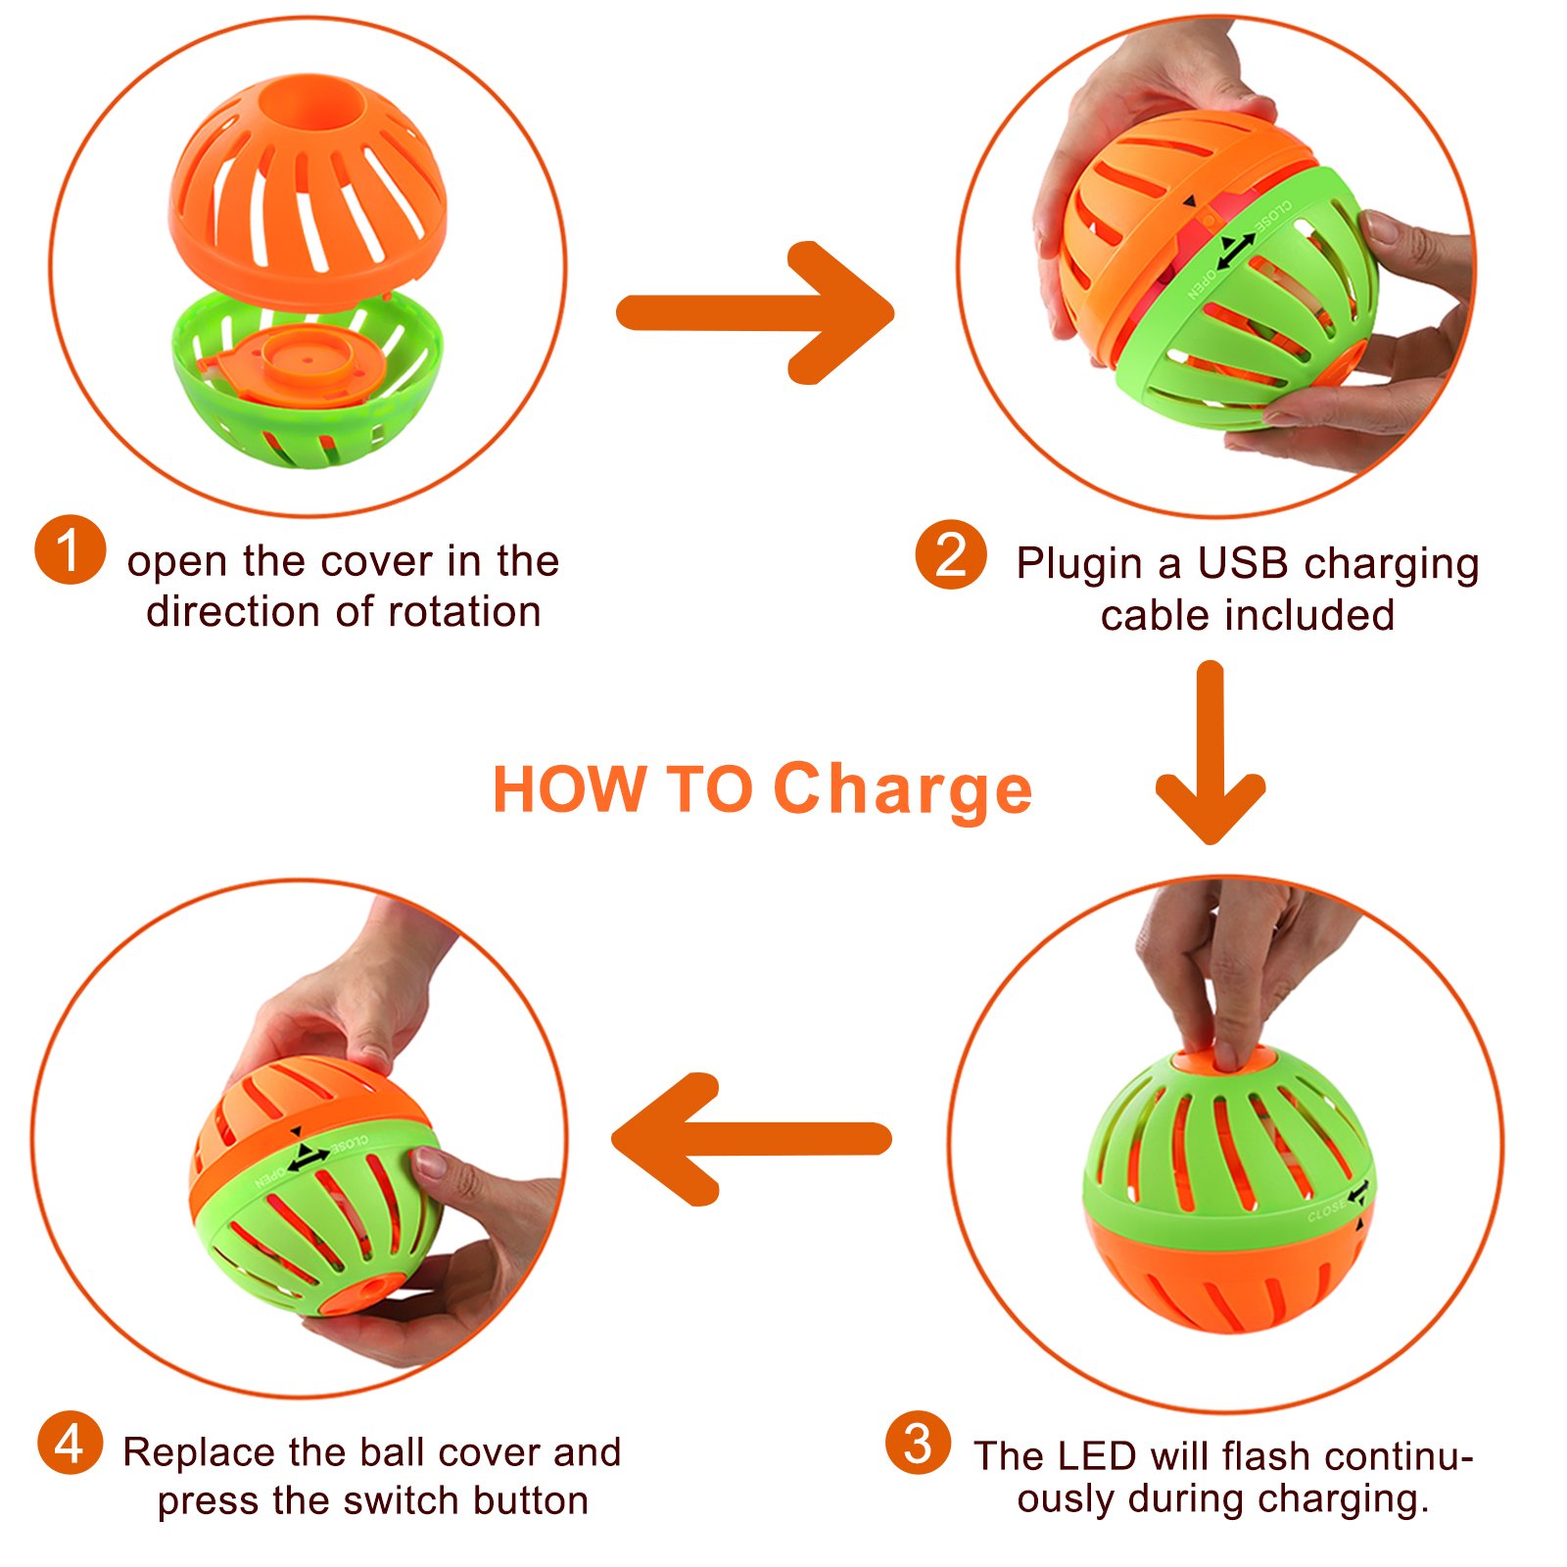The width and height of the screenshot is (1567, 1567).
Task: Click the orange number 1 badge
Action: (70, 549)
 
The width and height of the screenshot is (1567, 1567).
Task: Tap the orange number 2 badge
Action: (951, 554)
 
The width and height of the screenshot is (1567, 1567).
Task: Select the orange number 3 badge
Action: (918, 1443)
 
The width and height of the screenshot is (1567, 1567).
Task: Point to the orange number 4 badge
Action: (70, 1443)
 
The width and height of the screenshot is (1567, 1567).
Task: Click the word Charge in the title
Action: (902, 789)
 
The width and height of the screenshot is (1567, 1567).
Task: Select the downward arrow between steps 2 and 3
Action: (1211, 754)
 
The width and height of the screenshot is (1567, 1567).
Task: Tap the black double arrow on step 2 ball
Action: (1235, 251)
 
